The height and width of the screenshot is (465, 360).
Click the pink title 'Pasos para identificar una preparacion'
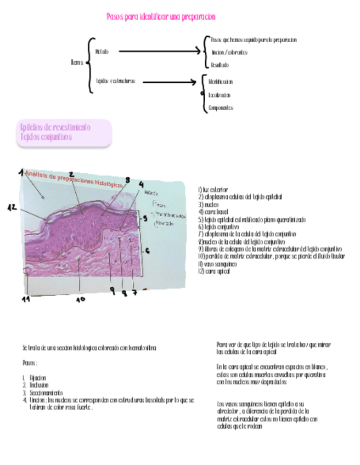tap(160, 17)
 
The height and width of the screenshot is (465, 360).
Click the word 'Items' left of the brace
tap(77, 62)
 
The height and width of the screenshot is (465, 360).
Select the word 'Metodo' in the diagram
tap(102, 52)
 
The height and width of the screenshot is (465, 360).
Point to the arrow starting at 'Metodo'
tap(160, 52)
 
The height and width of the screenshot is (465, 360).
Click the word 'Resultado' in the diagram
tap(220, 65)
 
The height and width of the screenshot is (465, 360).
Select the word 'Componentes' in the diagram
tap(221, 108)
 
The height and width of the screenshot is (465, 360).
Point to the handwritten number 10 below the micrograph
tap(81, 299)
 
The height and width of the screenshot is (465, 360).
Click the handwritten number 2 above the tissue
tap(71, 175)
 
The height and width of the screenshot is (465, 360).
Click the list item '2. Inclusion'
tap(36, 385)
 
